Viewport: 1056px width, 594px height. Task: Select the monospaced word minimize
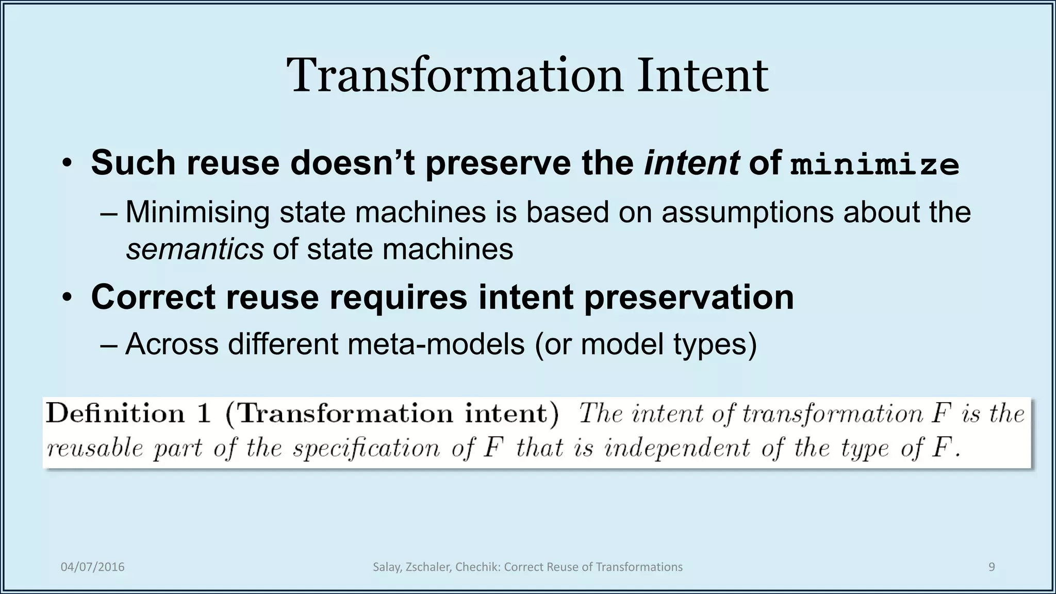click(x=874, y=164)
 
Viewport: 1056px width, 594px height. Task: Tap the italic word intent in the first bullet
click(x=691, y=162)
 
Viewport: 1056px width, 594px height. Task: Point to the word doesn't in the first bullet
click(x=352, y=162)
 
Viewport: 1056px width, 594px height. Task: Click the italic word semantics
click(x=195, y=250)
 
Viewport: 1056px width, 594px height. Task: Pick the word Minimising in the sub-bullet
click(x=197, y=212)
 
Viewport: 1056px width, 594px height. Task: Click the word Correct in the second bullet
click(x=153, y=297)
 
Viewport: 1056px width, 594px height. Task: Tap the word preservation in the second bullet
click(x=689, y=297)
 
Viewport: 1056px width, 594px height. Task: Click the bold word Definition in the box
click(x=115, y=414)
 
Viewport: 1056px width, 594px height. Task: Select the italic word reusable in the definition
click(x=94, y=448)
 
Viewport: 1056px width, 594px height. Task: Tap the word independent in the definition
click(x=677, y=448)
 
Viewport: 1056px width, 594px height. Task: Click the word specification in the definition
click(x=366, y=448)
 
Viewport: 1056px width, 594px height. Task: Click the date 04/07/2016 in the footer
click(x=93, y=567)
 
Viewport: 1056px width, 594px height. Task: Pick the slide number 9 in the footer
click(x=992, y=567)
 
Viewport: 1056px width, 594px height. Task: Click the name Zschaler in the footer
click(x=427, y=567)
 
